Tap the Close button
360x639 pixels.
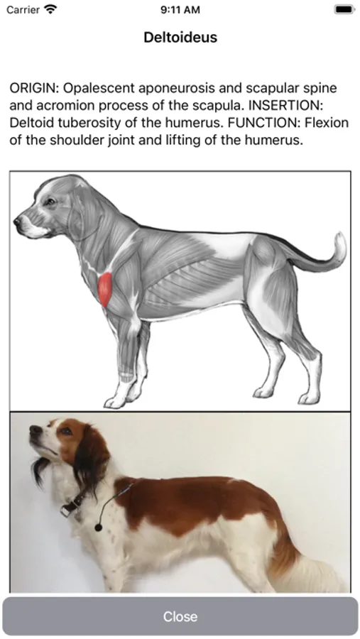[180, 616]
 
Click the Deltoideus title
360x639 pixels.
[180, 38]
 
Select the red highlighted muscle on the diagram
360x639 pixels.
[105, 290]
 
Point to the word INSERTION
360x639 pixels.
[285, 105]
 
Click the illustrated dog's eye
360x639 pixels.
[50, 202]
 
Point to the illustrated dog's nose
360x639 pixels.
[17, 222]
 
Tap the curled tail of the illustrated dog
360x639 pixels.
[332, 253]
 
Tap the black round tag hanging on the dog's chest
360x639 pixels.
[98, 528]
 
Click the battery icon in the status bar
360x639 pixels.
[344, 9]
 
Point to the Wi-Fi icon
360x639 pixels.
[50, 9]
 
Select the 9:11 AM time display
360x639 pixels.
[180, 10]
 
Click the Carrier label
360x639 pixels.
[23, 10]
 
